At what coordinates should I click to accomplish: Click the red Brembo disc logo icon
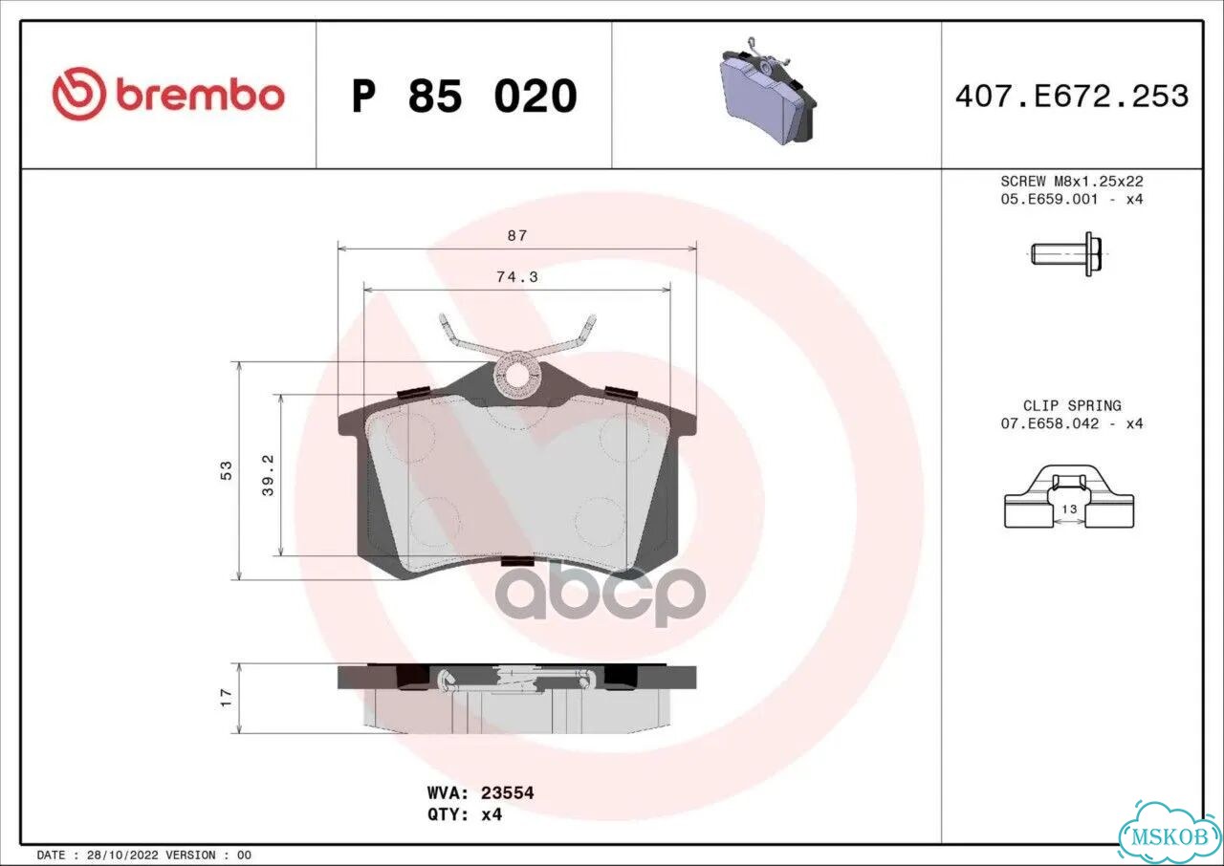click(78, 94)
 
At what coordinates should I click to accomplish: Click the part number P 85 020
click(465, 97)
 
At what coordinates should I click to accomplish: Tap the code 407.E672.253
click(1072, 97)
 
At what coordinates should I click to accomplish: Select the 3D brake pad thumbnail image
click(767, 90)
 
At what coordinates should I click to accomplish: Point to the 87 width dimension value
click(517, 235)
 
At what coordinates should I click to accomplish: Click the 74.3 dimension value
click(517, 277)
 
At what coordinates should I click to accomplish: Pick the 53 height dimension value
click(226, 470)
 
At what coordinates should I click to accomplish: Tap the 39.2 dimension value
click(268, 475)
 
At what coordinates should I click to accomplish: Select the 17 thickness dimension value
click(226, 698)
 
